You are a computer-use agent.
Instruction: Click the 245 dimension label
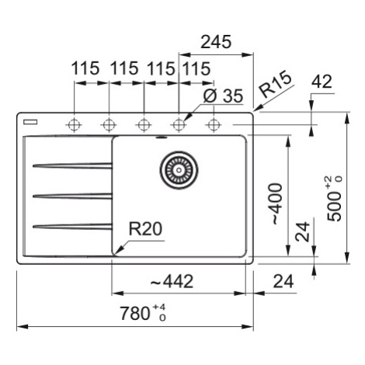pos(216,42)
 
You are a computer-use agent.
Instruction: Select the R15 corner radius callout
pos(276,84)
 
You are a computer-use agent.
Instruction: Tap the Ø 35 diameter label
pos(223,96)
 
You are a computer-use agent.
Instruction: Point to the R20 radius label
pos(145,229)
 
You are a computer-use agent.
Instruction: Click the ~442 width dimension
pos(172,281)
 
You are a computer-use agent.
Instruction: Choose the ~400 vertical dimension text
pos(276,204)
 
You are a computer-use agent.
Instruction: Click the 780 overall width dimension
pos(143,313)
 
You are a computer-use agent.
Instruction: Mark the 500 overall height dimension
pos(334,198)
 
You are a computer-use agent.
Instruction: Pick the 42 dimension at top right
pos(322,82)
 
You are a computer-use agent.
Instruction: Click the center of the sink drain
pos(179,170)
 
